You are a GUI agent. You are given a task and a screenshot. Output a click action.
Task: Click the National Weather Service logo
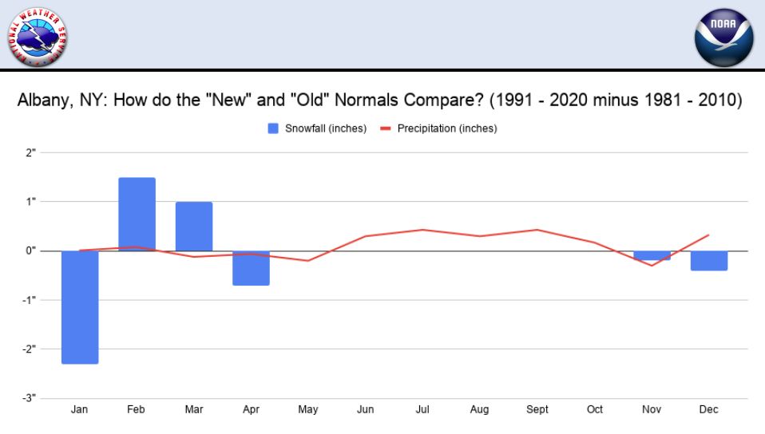[x=38, y=36]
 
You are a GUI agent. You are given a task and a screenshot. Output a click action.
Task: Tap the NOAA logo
[x=723, y=37]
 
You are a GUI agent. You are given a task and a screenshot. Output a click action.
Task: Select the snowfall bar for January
[x=80, y=307]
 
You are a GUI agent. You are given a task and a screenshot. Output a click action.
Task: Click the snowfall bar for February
[x=137, y=214]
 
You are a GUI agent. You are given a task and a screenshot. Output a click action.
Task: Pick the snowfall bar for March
[x=194, y=227]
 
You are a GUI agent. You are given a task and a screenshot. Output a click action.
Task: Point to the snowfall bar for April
[x=252, y=268]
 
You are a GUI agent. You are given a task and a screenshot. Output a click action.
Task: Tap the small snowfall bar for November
[x=652, y=255]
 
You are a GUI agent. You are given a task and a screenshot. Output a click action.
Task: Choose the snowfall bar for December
[x=709, y=261]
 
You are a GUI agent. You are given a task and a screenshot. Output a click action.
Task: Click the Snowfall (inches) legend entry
[x=318, y=128]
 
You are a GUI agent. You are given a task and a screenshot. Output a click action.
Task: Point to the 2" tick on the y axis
[x=30, y=152]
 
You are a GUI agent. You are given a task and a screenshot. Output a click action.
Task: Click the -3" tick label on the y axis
[x=29, y=397]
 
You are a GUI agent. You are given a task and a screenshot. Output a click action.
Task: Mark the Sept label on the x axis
[x=537, y=410]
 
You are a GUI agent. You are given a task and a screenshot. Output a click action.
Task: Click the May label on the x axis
[x=308, y=410]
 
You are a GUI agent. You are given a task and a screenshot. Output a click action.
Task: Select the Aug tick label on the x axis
[x=480, y=410]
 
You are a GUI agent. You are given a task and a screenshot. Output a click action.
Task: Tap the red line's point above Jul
[x=422, y=230]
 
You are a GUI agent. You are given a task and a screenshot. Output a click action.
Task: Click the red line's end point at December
[x=709, y=235]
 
